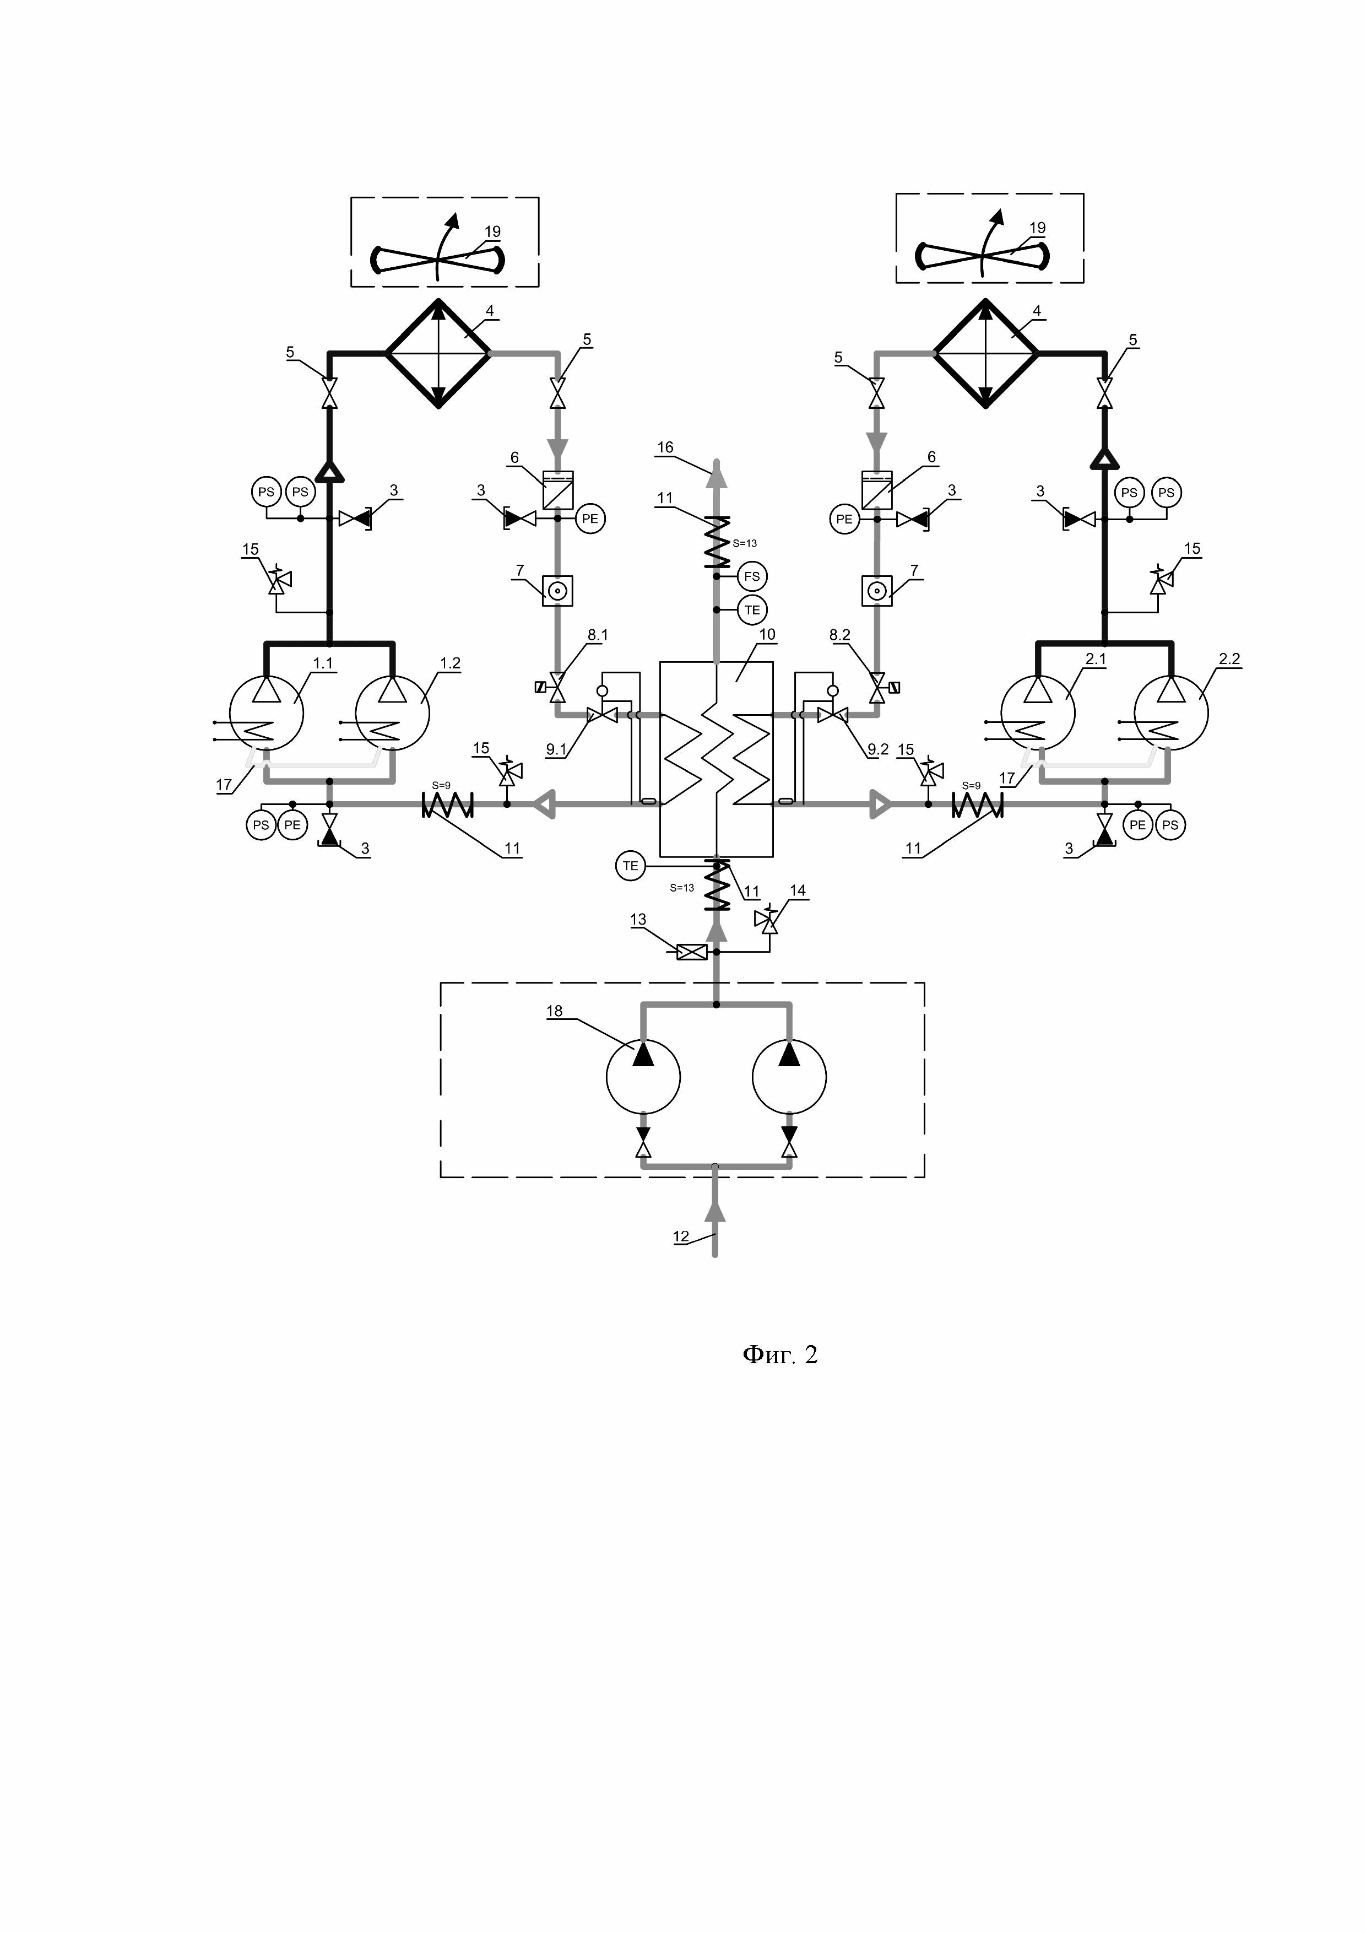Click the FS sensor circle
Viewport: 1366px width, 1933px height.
pyautogui.click(x=752, y=577)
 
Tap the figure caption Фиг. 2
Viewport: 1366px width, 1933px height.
pyautogui.click(x=779, y=1354)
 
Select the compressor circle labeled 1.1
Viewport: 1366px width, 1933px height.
pyautogui.click(x=267, y=713)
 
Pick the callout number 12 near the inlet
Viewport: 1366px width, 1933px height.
pyautogui.click(x=681, y=1237)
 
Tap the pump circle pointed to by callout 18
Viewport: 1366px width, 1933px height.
pyautogui.click(x=643, y=1077)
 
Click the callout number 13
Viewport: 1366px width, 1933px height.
pyautogui.click(x=638, y=919)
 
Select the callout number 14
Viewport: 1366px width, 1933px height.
pyautogui.click(x=797, y=890)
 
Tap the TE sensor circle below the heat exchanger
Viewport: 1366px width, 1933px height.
pyautogui.click(x=630, y=866)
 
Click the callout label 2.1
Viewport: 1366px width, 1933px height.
pyautogui.click(x=1095, y=659)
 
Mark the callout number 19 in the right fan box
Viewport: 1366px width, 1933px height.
pyautogui.click(x=1037, y=228)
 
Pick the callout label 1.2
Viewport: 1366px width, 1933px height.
pyautogui.click(x=450, y=663)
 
